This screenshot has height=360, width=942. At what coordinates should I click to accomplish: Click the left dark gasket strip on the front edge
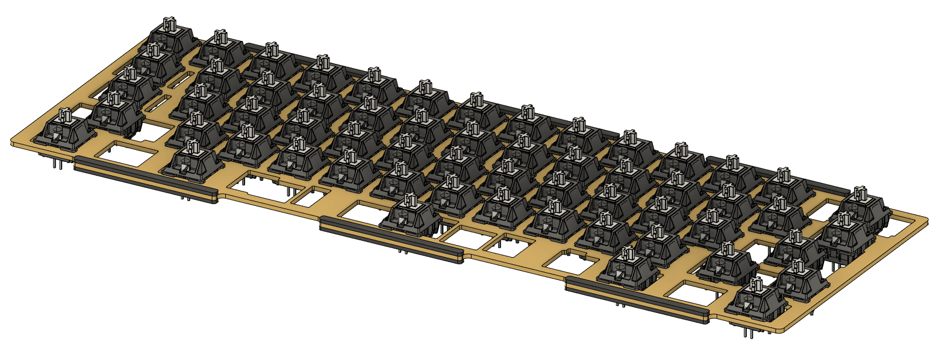(x=145, y=178)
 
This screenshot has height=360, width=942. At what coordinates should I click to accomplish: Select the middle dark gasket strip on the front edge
(x=391, y=242)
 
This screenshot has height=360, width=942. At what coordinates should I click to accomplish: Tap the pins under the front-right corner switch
(x=747, y=331)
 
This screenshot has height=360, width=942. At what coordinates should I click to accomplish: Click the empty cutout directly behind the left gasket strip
(x=124, y=158)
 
